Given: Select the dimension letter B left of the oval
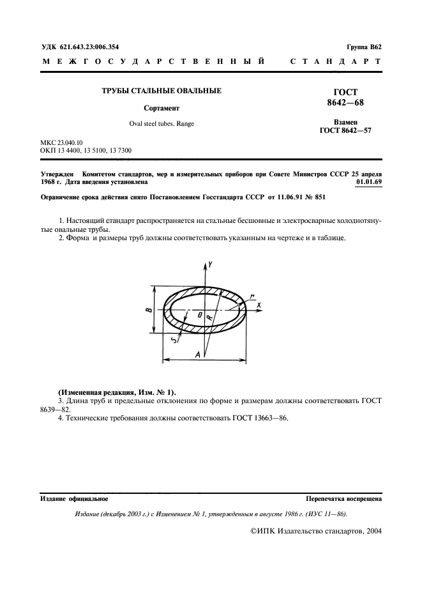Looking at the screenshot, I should (149, 310).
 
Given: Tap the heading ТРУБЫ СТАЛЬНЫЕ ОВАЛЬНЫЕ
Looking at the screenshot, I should (162, 91).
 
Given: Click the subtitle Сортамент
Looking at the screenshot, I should (162, 109).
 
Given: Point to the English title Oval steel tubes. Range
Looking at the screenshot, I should (162, 124).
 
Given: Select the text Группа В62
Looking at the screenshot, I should (363, 47).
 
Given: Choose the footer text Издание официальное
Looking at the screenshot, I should (74, 498).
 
